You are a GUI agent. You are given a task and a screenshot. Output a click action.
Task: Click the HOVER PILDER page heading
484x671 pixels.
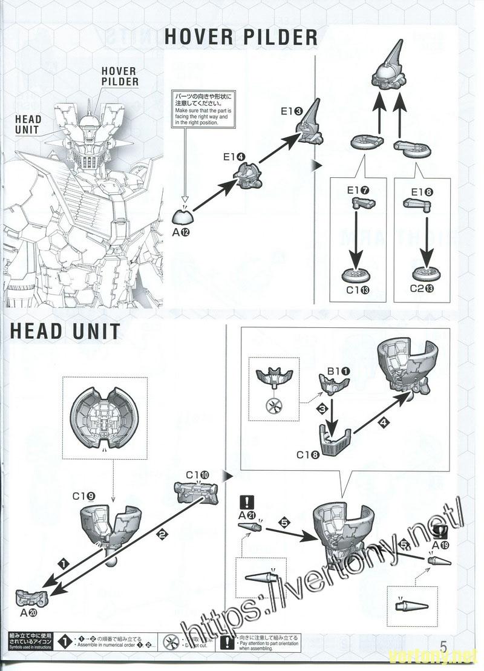click(x=241, y=37)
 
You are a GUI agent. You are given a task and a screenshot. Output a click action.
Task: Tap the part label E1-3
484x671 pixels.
click(x=293, y=111)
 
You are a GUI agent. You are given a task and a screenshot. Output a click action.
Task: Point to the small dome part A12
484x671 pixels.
click(x=185, y=216)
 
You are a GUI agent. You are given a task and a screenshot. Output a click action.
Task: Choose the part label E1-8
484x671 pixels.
click(x=423, y=191)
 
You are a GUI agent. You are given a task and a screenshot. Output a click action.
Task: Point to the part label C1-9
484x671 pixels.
click(x=83, y=496)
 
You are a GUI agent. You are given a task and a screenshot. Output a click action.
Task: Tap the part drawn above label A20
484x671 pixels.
click(x=30, y=597)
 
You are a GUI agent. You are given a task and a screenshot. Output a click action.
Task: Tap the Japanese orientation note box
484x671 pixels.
click(x=203, y=108)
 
